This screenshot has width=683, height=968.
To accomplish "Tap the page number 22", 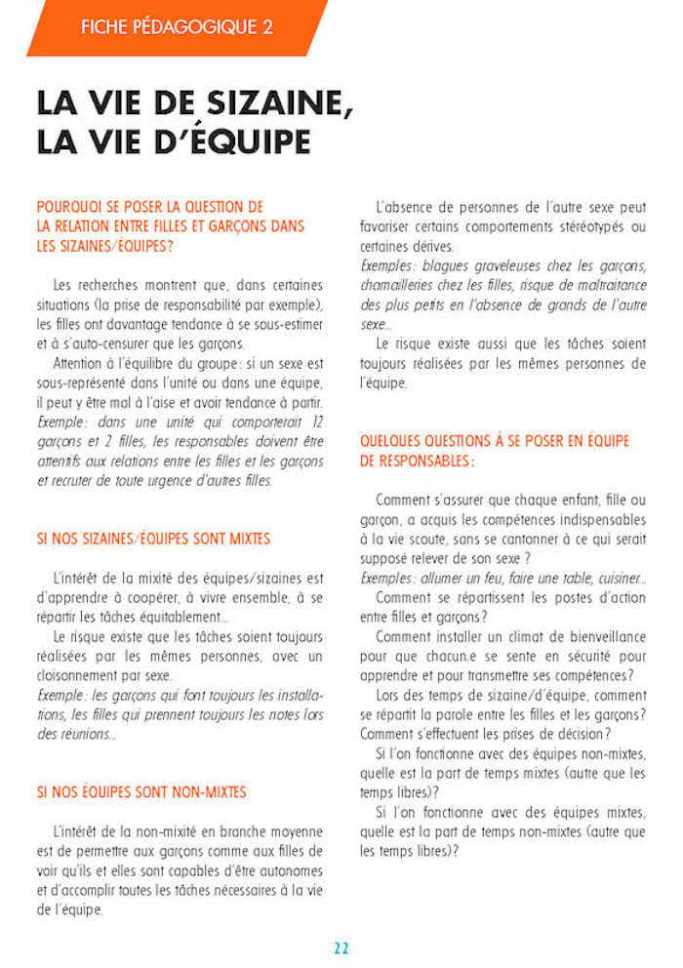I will pos(341,948).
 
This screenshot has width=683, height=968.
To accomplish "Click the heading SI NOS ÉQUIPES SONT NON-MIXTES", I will pos(141,791).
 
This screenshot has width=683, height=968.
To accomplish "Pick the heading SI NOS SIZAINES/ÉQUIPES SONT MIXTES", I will pos(153,539).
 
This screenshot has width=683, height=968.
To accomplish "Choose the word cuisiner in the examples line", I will pos(618,578).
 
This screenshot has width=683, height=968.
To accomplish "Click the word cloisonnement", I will pos(91,675).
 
